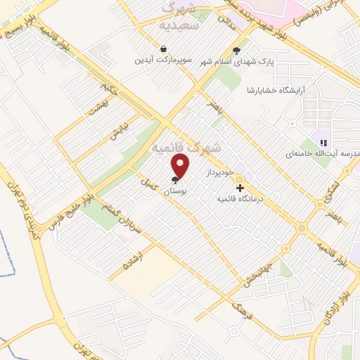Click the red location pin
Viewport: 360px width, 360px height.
[x=181, y=166]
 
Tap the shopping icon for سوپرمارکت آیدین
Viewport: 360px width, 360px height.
[x=164, y=49]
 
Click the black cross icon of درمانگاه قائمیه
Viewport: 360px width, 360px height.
[x=240, y=188]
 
